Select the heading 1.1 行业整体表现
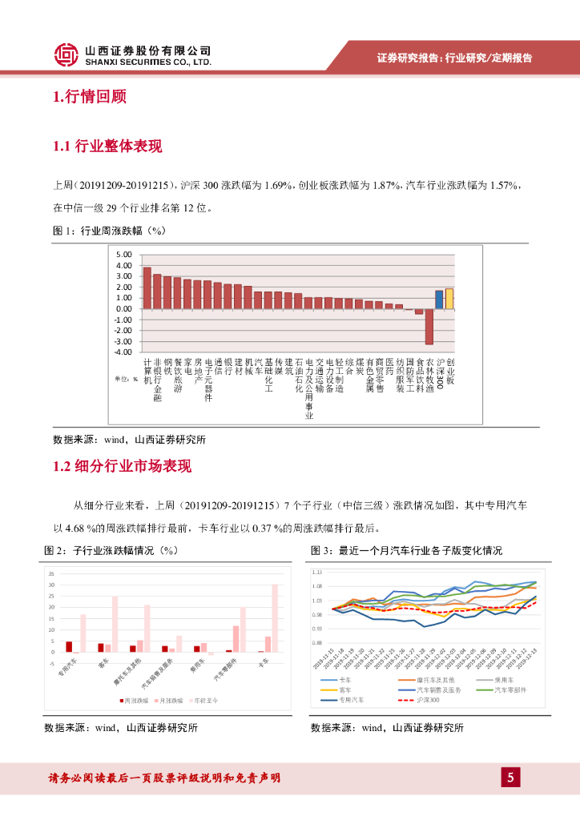point(107,147)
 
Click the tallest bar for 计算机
point(147,287)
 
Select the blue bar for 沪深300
point(439,299)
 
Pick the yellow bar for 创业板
point(449,299)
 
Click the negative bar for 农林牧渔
point(429,326)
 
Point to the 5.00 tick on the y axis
point(124,255)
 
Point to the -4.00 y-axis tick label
point(123,352)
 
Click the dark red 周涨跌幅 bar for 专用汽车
point(69,646)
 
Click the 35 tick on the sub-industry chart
point(50,574)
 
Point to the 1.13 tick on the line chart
point(316,573)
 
